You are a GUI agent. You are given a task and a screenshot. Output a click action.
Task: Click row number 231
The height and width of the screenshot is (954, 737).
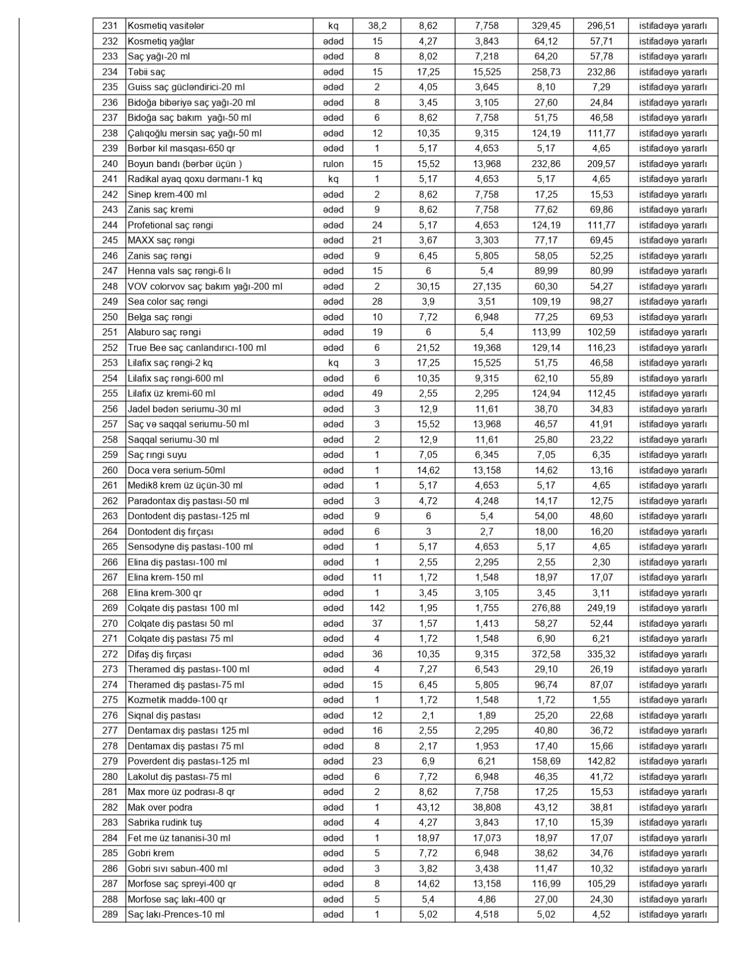[109, 26]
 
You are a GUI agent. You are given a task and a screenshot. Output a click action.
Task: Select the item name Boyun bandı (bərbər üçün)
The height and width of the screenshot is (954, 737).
[184, 164]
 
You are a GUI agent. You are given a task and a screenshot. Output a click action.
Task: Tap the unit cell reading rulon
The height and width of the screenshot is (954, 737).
[333, 164]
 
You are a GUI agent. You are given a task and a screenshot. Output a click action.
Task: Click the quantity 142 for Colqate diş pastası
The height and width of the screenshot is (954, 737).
[377, 608]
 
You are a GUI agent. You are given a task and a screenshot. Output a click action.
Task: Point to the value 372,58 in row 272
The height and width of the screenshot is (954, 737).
[545, 654]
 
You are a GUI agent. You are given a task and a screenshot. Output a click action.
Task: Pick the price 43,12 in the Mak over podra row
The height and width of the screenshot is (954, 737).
[428, 807]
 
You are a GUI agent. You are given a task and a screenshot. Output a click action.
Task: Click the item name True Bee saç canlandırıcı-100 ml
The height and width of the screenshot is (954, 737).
[196, 347]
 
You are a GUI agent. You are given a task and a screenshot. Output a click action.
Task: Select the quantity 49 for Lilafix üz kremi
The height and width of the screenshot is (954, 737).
[377, 393]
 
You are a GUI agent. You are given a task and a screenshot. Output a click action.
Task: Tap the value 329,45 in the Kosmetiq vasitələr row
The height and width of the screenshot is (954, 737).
[545, 26]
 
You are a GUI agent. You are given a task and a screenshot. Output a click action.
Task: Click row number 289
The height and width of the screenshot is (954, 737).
[109, 914]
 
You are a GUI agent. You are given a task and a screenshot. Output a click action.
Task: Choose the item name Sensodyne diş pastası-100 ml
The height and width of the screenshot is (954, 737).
[190, 547]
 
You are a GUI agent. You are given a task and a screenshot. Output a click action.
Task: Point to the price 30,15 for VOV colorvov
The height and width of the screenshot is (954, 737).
[428, 286]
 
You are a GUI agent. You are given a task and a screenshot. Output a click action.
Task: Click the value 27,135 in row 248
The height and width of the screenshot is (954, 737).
[487, 286]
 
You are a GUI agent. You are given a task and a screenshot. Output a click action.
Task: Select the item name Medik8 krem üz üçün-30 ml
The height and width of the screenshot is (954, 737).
[185, 486]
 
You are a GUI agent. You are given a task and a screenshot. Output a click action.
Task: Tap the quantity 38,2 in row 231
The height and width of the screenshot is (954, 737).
[377, 26]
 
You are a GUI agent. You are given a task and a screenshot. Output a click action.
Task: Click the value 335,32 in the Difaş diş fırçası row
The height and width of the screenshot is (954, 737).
[601, 654]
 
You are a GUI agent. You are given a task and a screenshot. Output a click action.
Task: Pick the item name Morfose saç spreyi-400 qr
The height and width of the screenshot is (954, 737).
[182, 884]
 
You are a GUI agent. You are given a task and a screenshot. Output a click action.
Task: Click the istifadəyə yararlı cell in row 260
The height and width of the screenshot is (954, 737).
[673, 470]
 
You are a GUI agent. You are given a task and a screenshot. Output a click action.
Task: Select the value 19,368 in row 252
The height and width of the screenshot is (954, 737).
[487, 347]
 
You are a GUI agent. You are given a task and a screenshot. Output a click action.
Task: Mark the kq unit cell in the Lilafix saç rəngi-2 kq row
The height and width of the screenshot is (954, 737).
[333, 363]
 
